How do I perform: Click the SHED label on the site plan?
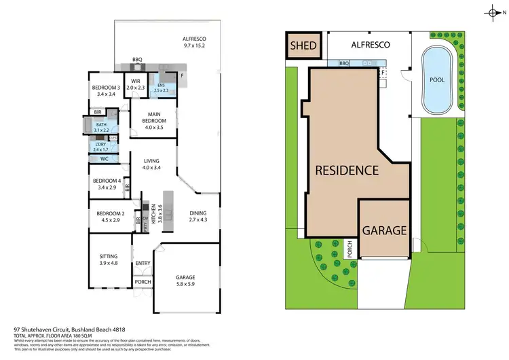pyautogui.click(x=302, y=46)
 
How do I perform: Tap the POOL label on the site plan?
pyautogui.click(x=437, y=79)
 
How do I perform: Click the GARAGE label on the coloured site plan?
pyautogui.click(x=384, y=230)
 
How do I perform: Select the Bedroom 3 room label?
pyautogui.click(x=107, y=88)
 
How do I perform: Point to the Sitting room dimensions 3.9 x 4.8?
pyautogui.click(x=109, y=263)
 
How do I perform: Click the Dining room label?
pyautogui.click(x=198, y=214)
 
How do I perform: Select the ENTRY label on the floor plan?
pyautogui.click(x=143, y=263)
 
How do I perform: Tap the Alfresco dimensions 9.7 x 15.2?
pyautogui.click(x=194, y=46)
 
